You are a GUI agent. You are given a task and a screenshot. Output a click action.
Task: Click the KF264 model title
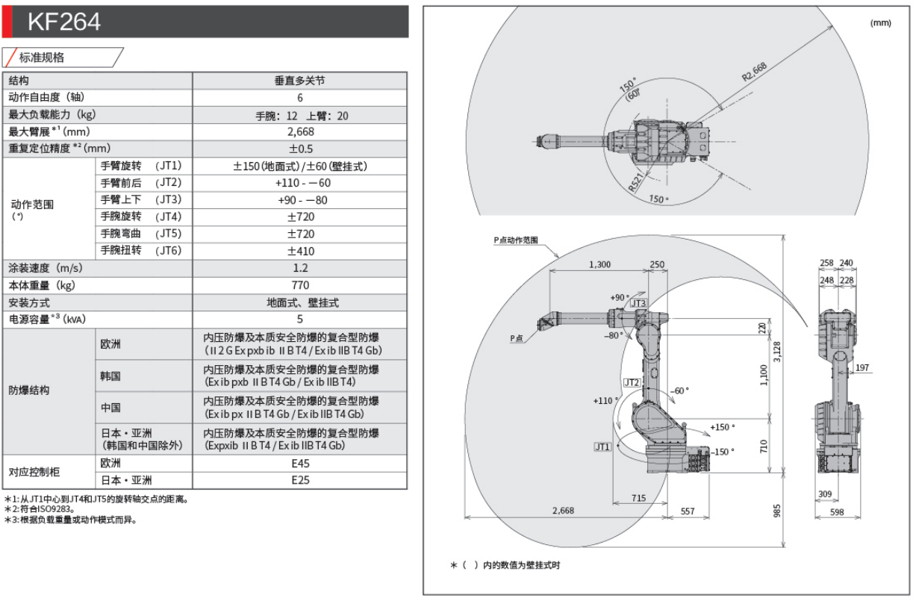pyautogui.click(x=63, y=22)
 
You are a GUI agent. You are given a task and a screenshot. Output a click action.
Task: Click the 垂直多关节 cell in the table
pyautogui.click(x=300, y=81)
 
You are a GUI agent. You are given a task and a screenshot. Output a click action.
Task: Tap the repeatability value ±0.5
pyautogui.click(x=300, y=149)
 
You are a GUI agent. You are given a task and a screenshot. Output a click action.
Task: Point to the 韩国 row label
pyautogui.click(x=110, y=376)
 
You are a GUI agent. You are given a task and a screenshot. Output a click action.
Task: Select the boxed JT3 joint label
pyautogui.click(x=638, y=304)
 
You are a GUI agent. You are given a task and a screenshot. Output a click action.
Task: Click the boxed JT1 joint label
pyautogui.click(x=602, y=446)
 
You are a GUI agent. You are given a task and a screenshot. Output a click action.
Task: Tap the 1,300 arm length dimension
pyautogui.click(x=599, y=264)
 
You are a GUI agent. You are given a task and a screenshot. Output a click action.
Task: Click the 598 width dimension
pyautogui.click(x=836, y=512)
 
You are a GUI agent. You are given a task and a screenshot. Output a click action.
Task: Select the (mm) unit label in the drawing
pyautogui.click(x=880, y=23)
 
